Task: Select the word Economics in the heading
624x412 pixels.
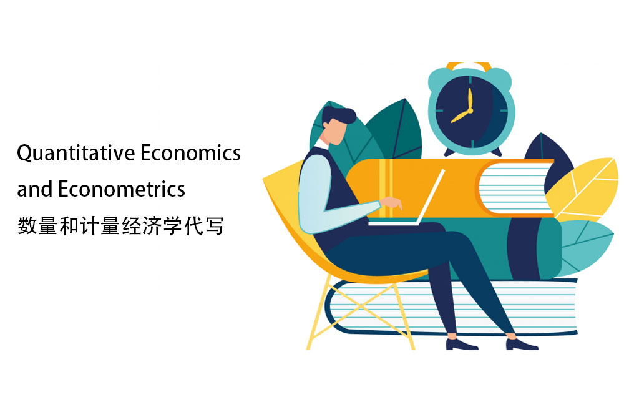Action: tap(190, 153)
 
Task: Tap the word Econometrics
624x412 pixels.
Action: tap(122, 189)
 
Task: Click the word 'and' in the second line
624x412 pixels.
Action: tap(35, 189)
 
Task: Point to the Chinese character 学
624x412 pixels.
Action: tap(173, 226)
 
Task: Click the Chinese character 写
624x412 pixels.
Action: tap(215, 226)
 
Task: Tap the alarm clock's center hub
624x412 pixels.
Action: tap(470, 110)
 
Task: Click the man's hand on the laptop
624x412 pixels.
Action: tap(391, 203)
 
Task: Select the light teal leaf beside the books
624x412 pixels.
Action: tap(585, 247)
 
